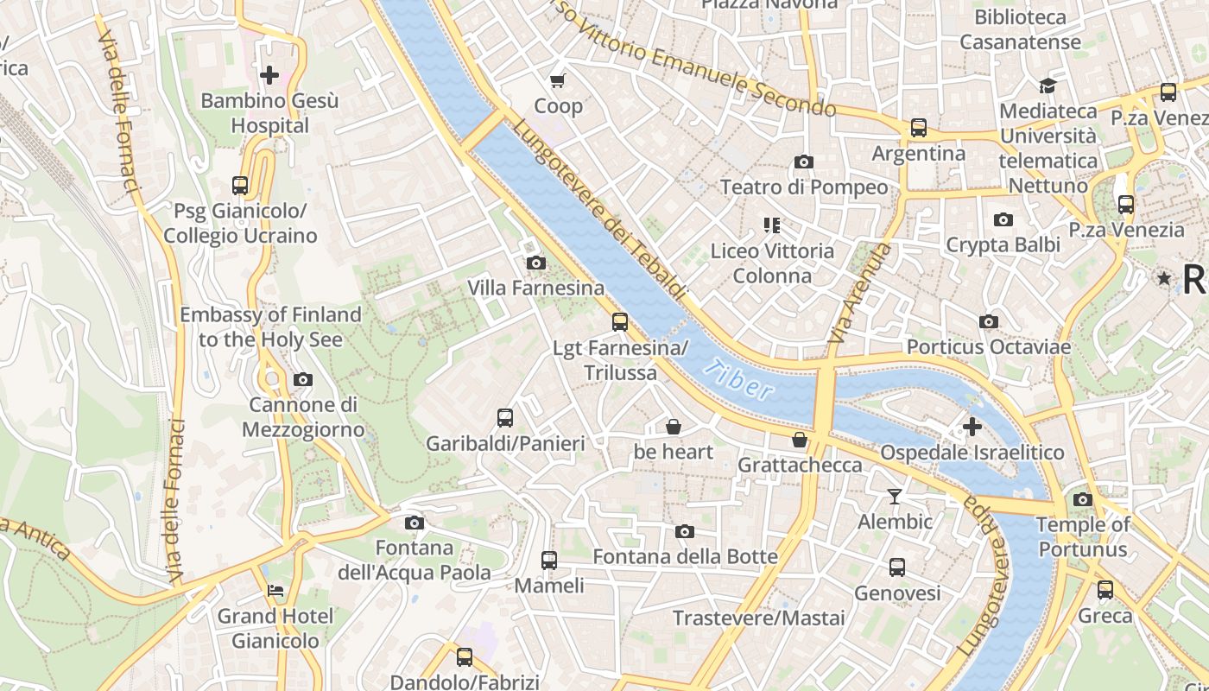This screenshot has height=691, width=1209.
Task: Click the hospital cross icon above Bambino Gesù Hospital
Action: click(269, 75)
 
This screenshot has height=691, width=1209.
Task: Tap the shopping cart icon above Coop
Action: click(558, 81)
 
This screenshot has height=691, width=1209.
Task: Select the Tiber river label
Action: click(738, 381)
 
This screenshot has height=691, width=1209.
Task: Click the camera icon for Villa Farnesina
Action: click(535, 263)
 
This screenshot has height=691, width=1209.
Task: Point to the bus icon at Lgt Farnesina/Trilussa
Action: click(619, 322)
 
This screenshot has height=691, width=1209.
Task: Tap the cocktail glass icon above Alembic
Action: click(895, 497)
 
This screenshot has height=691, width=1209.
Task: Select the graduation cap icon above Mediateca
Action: click(1048, 86)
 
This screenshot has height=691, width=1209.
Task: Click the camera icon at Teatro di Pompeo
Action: click(803, 162)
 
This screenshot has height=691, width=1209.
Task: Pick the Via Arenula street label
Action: click(859, 294)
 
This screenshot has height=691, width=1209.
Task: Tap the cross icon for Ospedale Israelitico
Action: click(972, 427)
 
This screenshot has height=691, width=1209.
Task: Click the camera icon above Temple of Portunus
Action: click(1082, 499)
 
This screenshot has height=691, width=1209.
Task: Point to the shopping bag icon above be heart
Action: click(673, 427)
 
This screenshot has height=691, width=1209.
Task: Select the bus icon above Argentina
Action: click(918, 128)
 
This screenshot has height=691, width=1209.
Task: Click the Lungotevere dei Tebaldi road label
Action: click(598, 210)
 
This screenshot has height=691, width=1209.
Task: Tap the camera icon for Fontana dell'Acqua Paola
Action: click(415, 523)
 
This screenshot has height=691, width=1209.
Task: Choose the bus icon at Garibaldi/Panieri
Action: click(505, 418)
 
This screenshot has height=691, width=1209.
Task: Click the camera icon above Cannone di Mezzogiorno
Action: click(302, 379)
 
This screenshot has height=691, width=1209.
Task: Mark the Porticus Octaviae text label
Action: click(988, 347)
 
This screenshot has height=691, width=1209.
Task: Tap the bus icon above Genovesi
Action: click(897, 567)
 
